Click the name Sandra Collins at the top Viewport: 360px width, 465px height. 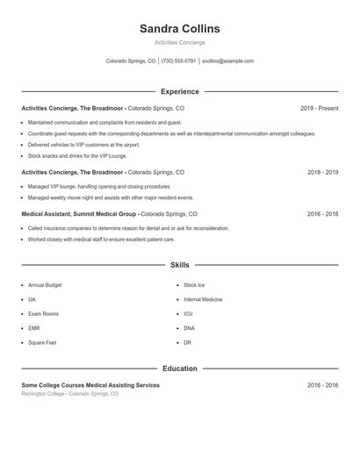180,29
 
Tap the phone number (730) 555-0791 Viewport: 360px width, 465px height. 179,61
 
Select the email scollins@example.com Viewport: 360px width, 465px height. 227,61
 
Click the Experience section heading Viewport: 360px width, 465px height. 180,91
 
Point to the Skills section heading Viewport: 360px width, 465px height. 180,264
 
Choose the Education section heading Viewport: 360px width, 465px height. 180,368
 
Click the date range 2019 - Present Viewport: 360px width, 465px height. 319,108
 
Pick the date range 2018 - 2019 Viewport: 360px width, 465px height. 322,173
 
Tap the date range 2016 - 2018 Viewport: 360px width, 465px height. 322,213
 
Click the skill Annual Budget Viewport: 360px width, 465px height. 44,285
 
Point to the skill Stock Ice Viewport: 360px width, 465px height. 194,285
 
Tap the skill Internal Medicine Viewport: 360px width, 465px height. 203,299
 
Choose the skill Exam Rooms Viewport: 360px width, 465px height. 43,313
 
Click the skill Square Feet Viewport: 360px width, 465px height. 42,342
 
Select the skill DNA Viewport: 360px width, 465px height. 189,328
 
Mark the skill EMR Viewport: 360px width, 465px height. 34,328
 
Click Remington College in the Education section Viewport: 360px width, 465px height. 49,394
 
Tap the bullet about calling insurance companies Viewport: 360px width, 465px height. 128,228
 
